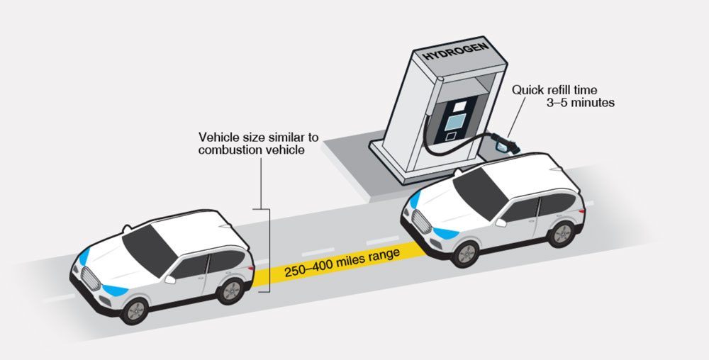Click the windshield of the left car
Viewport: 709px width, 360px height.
[151, 245]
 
